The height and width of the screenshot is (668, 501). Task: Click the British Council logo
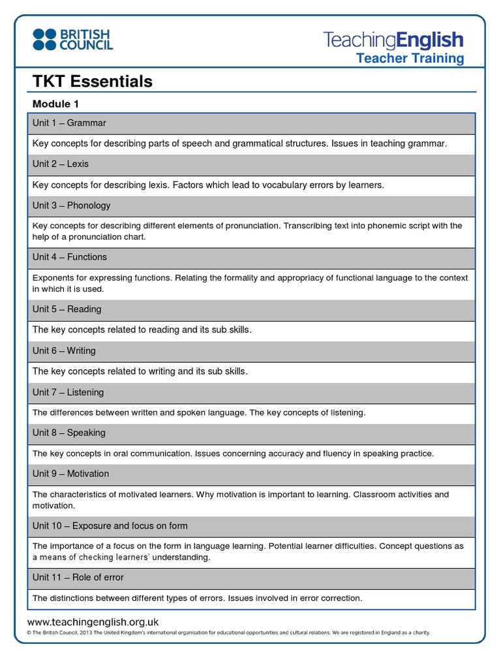[72, 39]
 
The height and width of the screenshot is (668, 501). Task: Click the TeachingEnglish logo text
[393, 40]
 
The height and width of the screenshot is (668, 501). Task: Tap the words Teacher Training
[410, 59]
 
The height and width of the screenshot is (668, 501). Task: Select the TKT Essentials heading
[92, 82]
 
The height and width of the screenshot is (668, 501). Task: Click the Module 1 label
[56, 104]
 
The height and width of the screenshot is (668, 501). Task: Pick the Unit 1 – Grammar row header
[69, 123]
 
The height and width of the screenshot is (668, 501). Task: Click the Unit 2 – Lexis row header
[61, 164]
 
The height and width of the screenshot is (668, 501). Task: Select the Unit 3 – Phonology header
[72, 205]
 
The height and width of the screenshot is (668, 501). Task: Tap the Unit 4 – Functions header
[70, 257]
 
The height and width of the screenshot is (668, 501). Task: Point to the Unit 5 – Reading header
[68, 309]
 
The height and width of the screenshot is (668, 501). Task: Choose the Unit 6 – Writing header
[64, 351]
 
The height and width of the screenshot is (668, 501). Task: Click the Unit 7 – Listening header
[68, 392]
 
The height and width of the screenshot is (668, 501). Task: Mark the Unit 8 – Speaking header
[69, 433]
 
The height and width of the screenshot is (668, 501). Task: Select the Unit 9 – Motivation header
[71, 474]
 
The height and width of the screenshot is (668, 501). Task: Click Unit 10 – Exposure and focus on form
[110, 526]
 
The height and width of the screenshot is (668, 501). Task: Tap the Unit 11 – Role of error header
[78, 577]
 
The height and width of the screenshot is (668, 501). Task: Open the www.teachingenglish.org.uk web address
[93, 622]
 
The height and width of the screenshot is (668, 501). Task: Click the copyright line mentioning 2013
[228, 633]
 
